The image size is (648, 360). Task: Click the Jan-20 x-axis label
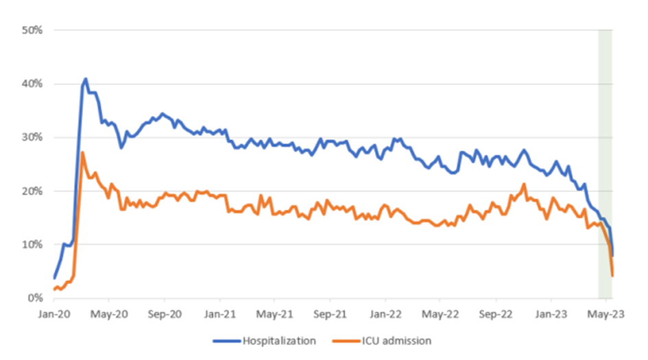(54, 313)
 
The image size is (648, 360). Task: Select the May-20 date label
(109, 313)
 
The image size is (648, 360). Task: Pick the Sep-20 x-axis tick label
(165, 313)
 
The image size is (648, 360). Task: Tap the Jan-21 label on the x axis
(219, 313)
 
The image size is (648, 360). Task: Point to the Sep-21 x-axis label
(330, 313)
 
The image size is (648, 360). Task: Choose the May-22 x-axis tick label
(440, 313)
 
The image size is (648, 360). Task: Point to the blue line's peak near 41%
(86, 79)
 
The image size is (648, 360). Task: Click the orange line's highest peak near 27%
(82, 152)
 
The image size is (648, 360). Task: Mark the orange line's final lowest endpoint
(612, 276)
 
